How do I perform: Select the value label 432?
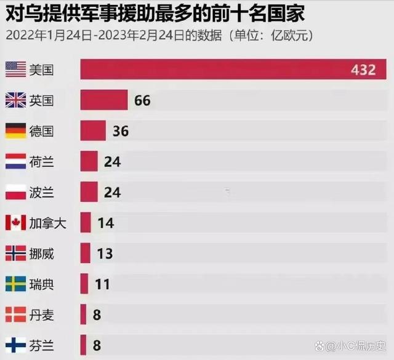(363, 70)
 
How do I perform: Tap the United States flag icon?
(15, 70)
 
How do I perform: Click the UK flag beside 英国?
(15, 100)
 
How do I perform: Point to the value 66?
(142, 100)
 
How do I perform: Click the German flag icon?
(15, 130)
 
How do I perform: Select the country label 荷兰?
(42, 161)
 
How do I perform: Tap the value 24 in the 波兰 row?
(112, 192)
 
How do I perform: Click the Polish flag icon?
(15, 192)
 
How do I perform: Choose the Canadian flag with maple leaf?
(15, 222)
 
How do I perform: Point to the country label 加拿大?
(47, 222)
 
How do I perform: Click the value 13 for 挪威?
(105, 253)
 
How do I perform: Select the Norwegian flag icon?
(15, 253)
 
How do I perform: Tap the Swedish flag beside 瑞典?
(15, 284)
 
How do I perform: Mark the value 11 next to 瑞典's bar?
(102, 284)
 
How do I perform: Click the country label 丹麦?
(42, 314)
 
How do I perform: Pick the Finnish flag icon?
(15, 345)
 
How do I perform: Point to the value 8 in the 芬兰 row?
(97, 345)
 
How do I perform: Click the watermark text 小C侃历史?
(364, 346)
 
